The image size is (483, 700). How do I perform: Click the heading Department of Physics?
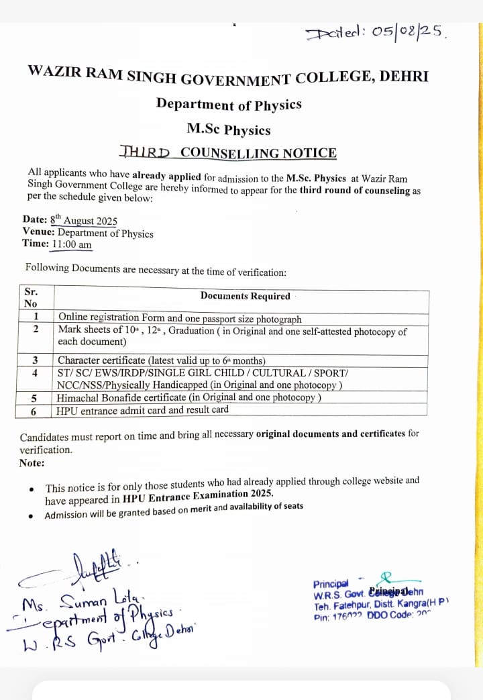pyautogui.click(x=229, y=105)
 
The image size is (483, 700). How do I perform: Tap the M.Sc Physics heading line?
pyautogui.click(x=229, y=130)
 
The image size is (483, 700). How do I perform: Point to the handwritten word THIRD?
pyautogui.click(x=146, y=152)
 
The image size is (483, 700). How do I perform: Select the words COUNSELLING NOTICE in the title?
pyautogui.click(x=258, y=152)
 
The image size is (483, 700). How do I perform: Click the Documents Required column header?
pyautogui.click(x=245, y=296)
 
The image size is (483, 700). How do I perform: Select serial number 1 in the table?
pyautogui.click(x=35, y=317)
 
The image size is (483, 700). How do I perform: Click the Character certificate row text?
pyautogui.click(x=162, y=360)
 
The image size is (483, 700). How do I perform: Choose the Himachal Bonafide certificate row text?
pyautogui.click(x=189, y=397)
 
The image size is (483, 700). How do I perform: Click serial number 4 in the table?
pyautogui.click(x=35, y=372)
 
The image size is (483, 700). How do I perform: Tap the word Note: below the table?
pyautogui.click(x=32, y=463)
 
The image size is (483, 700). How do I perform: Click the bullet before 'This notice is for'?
pyautogui.click(x=32, y=489)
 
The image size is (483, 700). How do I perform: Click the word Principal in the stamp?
pyautogui.click(x=331, y=584)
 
